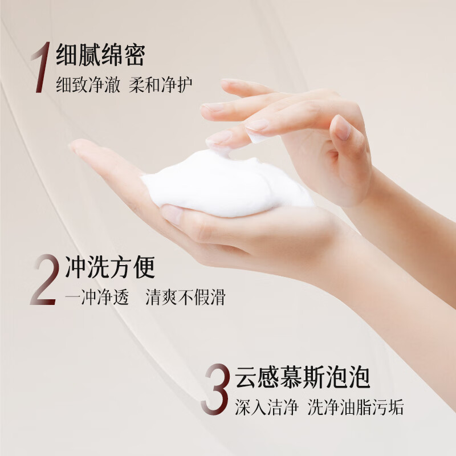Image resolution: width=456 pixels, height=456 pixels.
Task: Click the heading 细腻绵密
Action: (x=101, y=55)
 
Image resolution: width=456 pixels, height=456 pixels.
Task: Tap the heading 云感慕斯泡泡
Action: (x=303, y=378)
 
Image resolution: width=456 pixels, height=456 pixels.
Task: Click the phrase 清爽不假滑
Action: (x=185, y=298)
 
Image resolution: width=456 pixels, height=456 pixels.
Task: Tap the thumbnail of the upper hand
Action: (x=343, y=128)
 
